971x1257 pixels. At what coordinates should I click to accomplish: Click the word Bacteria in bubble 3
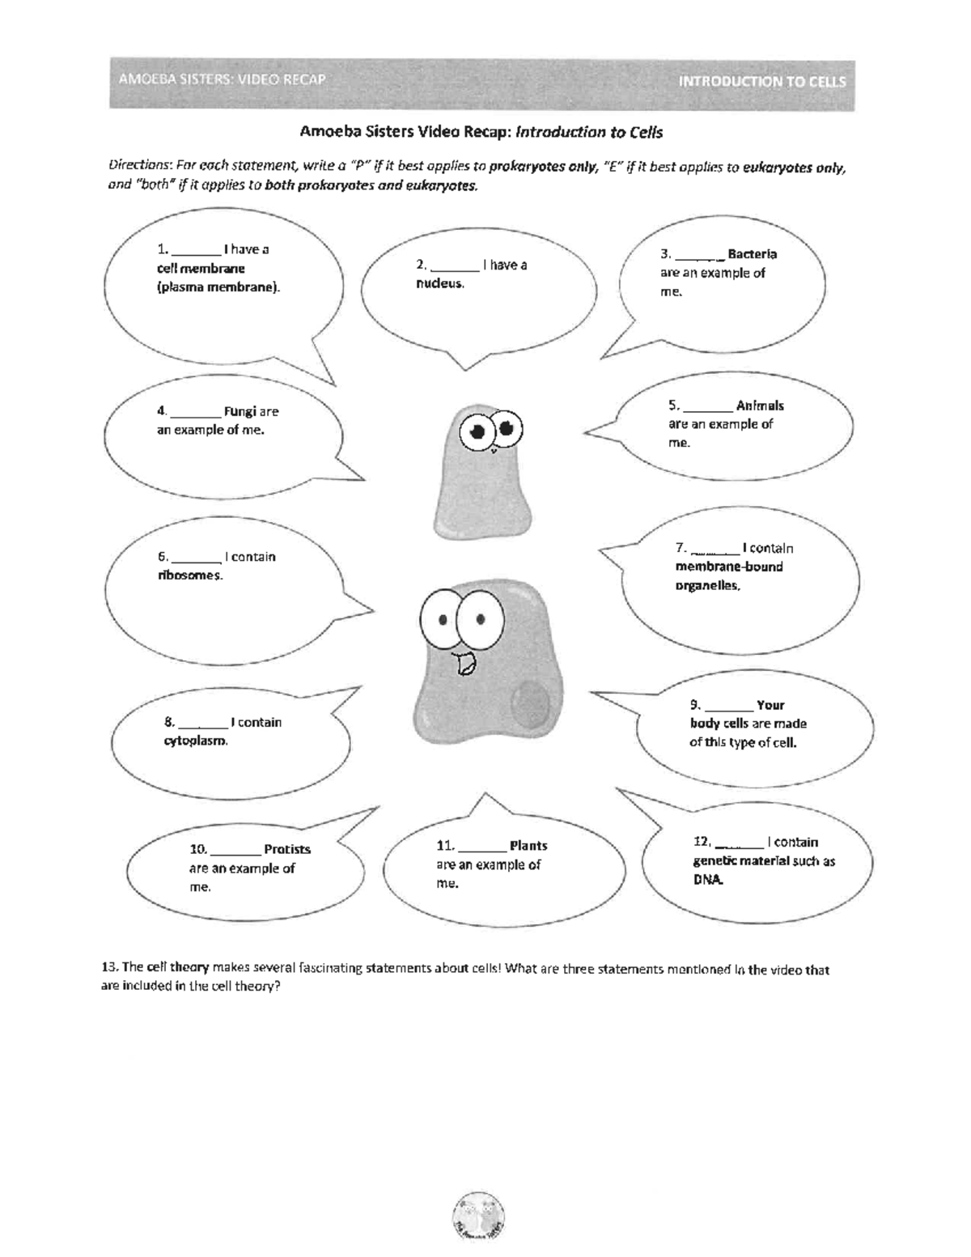click(x=752, y=254)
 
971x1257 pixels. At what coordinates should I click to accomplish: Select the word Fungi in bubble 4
click(x=240, y=411)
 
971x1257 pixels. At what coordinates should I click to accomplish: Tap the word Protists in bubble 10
click(x=287, y=849)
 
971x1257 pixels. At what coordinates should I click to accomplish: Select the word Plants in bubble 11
click(x=528, y=846)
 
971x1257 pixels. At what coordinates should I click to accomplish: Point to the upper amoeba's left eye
click(x=477, y=429)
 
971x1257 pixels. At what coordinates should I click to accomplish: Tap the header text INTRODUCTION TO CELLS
click(x=761, y=81)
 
